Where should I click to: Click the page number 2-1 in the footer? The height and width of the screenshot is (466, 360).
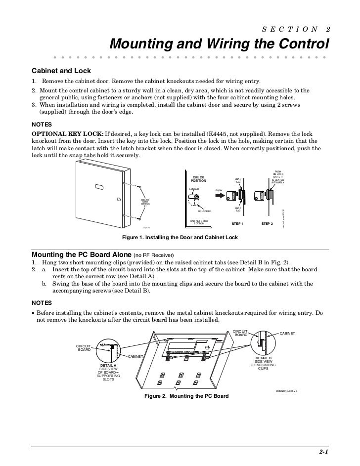point(323,452)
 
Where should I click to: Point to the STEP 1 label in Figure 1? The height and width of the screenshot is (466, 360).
point(237,224)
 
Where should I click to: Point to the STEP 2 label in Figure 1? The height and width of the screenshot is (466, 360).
point(267,224)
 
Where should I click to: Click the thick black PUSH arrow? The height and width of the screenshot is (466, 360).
point(222,195)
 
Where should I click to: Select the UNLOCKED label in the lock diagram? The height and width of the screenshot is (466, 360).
point(204,211)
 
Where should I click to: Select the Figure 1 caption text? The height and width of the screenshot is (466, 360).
point(180,238)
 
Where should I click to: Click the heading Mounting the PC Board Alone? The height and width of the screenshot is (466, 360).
point(82,255)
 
